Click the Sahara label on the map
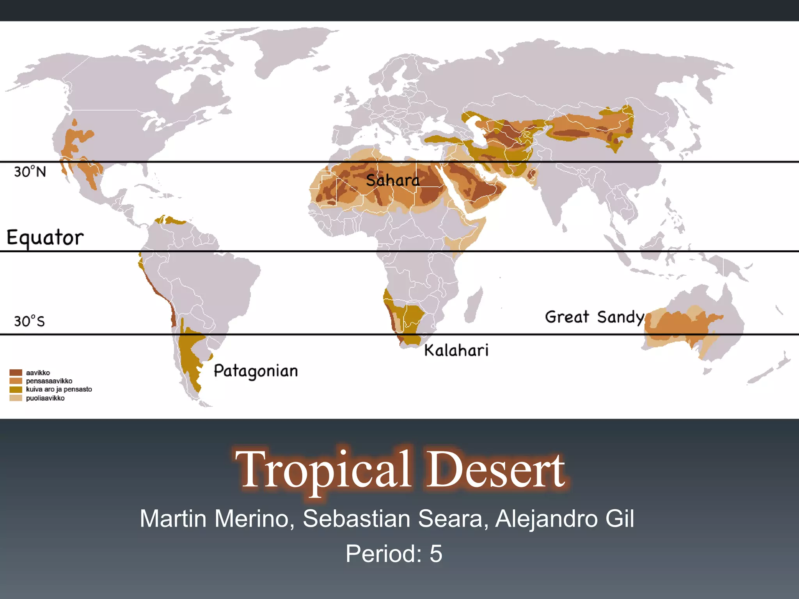[392, 181]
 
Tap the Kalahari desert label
[456, 350]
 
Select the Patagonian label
[256, 371]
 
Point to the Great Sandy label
[594, 317]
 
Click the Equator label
[45, 237]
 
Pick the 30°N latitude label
[30, 172]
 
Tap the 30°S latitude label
[30, 321]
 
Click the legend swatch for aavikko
[16, 372]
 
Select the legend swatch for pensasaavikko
[16, 381]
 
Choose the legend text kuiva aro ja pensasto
[59, 389]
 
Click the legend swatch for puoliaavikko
[16, 398]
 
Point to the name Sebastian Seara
[395, 519]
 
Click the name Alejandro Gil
[565, 519]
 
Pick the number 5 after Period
[436, 553]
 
